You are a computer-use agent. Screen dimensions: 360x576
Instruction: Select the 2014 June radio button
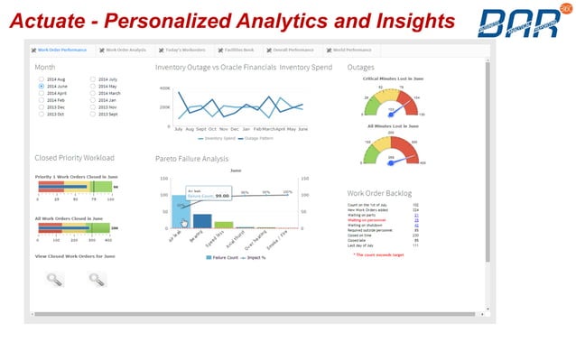(42, 86)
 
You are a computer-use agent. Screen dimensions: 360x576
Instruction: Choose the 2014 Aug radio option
(42, 79)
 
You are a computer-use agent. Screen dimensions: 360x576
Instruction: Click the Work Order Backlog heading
(378, 193)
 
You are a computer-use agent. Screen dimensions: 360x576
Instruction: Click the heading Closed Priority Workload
(75, 158)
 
